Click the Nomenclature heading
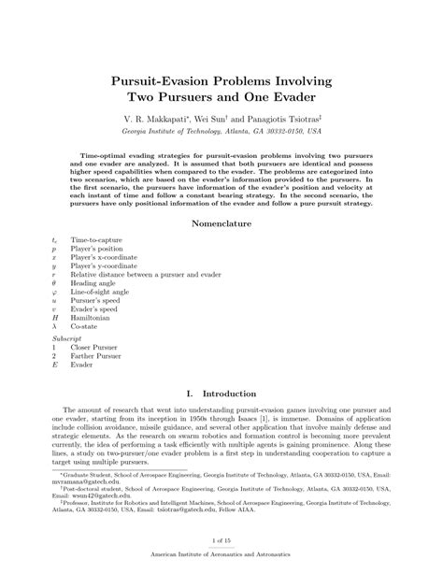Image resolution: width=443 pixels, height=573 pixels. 221,224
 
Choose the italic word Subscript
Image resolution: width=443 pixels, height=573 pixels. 68,337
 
